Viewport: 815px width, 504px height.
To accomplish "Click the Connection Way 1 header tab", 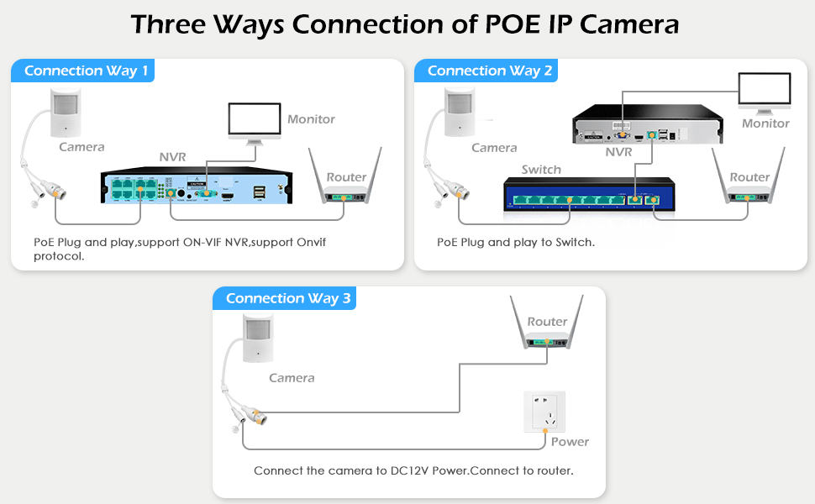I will click(86, 71).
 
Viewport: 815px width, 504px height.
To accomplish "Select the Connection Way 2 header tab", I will click(489, 71).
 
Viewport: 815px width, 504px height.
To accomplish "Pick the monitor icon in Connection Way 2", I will click(764, 91).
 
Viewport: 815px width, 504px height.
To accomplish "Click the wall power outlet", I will click(544, 412).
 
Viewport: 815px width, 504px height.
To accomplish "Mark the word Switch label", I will click(541, 170).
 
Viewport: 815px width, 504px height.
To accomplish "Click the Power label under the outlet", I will click(570, 442).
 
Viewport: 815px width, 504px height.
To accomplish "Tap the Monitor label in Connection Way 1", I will click(311, 119).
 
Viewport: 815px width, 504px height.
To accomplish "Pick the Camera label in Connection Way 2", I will click(494, 148).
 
